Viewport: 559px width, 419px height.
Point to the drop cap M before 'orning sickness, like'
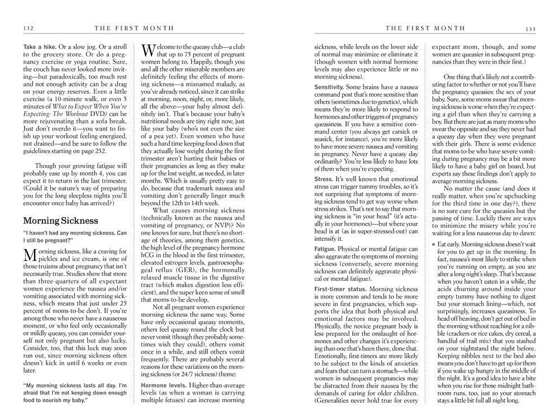[x=31, y=256]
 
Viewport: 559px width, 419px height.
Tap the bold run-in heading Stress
[x=324, y=179]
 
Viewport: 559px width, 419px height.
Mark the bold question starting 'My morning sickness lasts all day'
[x=75, y=389]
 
